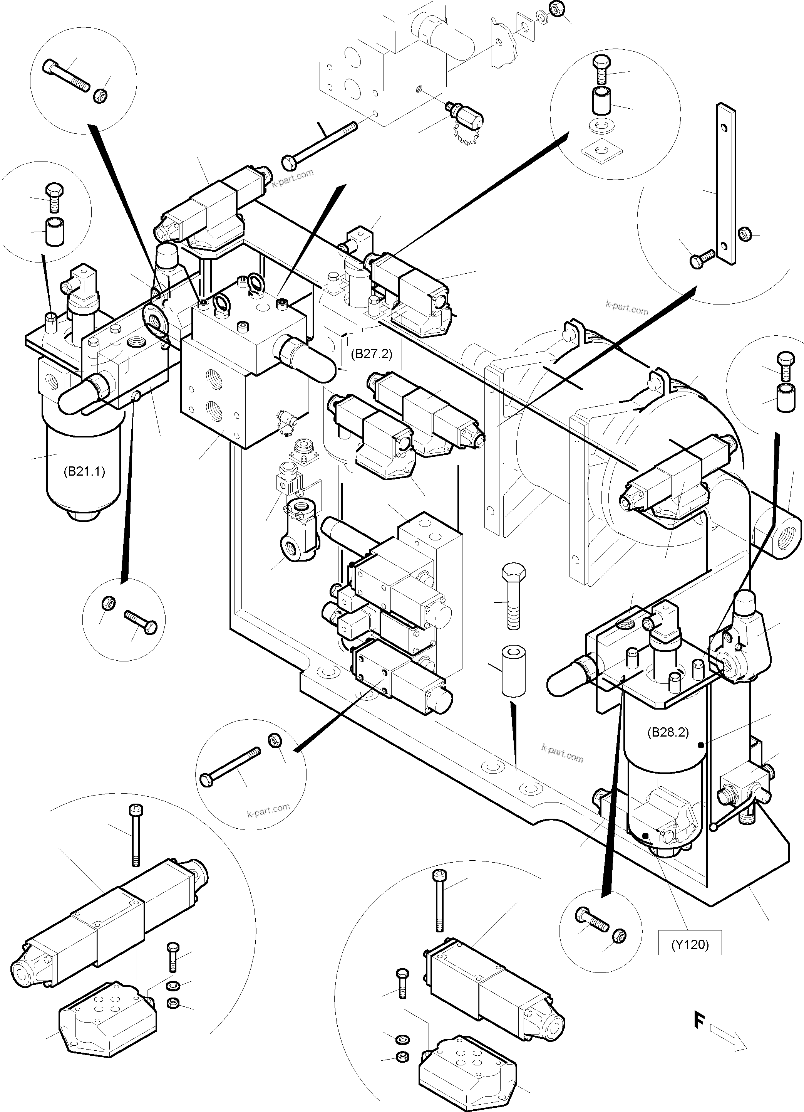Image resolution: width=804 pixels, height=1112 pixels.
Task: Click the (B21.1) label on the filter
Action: click(x=84, y=472)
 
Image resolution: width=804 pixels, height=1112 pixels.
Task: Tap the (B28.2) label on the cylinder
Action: click(x=668, y=732)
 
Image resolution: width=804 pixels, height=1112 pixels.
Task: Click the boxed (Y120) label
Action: click(x=690, y=944)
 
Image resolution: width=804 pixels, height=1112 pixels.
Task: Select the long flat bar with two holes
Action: click(x=725, y=184)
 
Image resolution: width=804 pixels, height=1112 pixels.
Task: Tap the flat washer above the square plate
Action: click(x=602, y=126)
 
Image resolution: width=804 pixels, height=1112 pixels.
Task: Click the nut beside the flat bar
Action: click(x=744, y=234)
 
